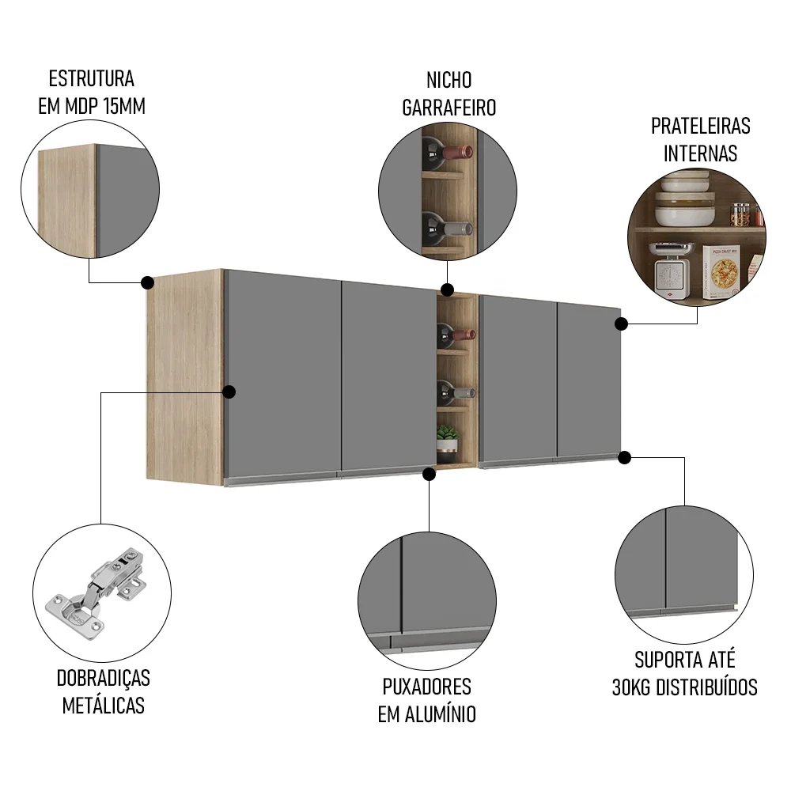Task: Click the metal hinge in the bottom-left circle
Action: click(98, 592)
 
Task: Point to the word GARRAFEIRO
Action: click(448, 108)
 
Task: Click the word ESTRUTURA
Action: click(92, 79)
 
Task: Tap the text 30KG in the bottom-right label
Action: click(633, 687)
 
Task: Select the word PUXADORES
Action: click(426, 686)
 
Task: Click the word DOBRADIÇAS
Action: click(104, 678)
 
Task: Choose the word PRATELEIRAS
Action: click(700, 126)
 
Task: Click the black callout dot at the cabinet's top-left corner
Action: click(147, 282)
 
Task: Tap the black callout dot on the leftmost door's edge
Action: click(229, 392)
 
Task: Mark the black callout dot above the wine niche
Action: click(447, 290)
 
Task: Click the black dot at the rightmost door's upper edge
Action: click(622, 323)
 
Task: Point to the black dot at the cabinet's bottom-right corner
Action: click(624, 457)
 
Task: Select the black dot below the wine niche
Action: click(429, 474)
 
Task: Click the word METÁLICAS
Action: click(104, 706)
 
